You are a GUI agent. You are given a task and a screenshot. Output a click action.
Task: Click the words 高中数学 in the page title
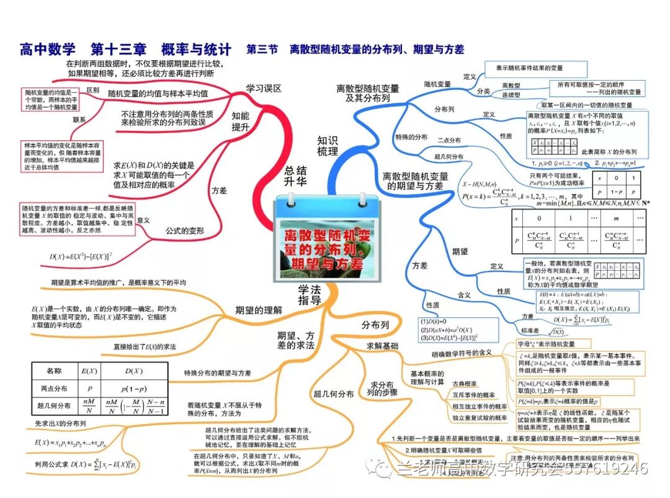coord(47,49)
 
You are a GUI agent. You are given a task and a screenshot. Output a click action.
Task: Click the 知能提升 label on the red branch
coord(240,121)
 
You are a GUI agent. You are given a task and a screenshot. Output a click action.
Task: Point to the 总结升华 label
coord(296,176)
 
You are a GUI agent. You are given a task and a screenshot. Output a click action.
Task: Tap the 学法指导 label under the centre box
coord(310,294)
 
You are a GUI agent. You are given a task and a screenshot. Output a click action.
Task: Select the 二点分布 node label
coord(449,140)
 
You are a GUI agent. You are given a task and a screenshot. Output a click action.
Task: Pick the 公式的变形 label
coord(184,231)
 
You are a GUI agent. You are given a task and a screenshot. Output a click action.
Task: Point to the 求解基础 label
coord(383,346)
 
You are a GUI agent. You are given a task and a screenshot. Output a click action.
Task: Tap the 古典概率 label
coord(465,384)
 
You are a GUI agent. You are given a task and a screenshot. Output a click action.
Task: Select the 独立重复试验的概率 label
coord(479,418)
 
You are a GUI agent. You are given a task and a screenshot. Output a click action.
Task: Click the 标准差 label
coord(529,331)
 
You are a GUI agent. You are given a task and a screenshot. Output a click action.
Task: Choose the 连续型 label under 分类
coord(511,94)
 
